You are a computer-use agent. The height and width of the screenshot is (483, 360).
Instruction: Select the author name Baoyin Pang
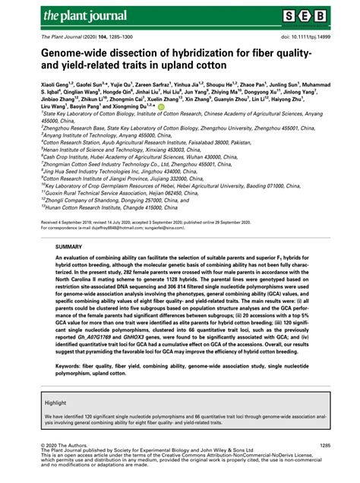pyautogui.click(x=92, y=108)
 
